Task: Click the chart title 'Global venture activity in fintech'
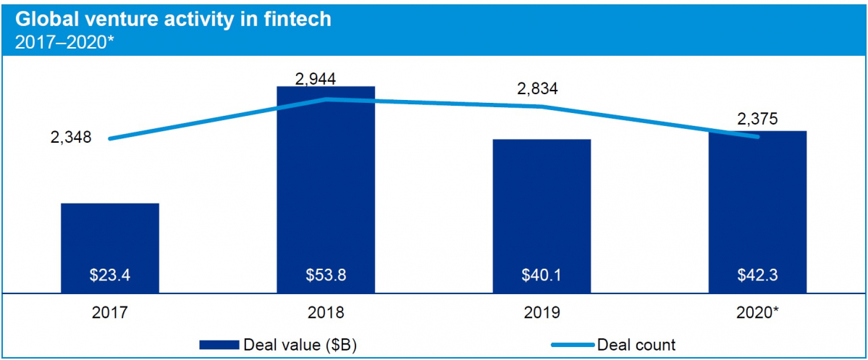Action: tap(172, 19)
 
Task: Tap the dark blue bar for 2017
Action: tap(109, 239)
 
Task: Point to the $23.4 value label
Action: tap(109, 276)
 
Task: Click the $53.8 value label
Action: tap(325, 276)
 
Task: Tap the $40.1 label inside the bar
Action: tap(541, 276)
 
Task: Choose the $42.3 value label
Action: tap(757, 276)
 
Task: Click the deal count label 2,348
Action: tap(71, 137)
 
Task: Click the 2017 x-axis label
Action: tap(109, 314)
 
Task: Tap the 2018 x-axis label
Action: tap(325, 314)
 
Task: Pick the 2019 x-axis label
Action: tap(541, 314)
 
